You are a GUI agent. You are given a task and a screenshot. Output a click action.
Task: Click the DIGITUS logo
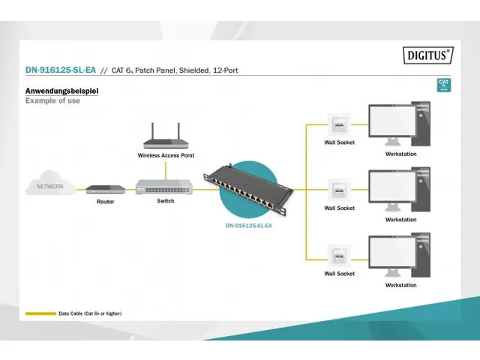pos(428,55)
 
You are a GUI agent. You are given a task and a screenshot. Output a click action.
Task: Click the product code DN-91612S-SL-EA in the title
pos(60,70)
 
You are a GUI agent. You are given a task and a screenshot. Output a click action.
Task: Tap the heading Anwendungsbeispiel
pos(61,91)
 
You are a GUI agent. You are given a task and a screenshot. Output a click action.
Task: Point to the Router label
pos(106,202)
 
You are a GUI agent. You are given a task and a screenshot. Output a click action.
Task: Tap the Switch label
pos(165,201)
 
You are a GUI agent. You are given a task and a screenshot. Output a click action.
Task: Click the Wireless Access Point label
pos(166,155)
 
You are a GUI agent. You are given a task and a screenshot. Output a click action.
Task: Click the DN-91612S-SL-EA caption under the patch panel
pos(248,225)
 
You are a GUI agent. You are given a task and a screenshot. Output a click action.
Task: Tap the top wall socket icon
pos(339,124)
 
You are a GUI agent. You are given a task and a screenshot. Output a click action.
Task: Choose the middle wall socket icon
pos(339,190)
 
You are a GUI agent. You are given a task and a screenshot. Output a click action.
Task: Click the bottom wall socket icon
pos(339,256)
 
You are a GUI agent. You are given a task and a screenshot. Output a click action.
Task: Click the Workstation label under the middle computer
pos(400,220)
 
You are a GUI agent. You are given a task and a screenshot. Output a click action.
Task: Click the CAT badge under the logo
pos(444,85)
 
